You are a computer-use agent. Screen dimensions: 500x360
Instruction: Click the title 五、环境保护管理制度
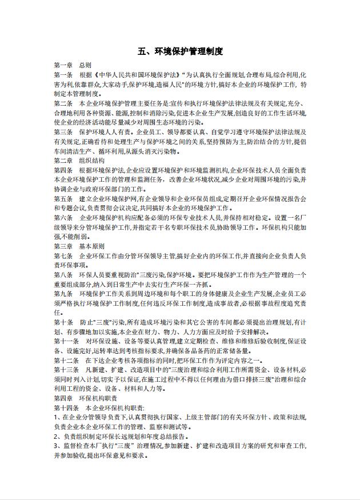pyautogui.click(x=180, y=52)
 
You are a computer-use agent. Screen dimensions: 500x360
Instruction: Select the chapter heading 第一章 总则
pyautogui.click(x=73, y=65)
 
